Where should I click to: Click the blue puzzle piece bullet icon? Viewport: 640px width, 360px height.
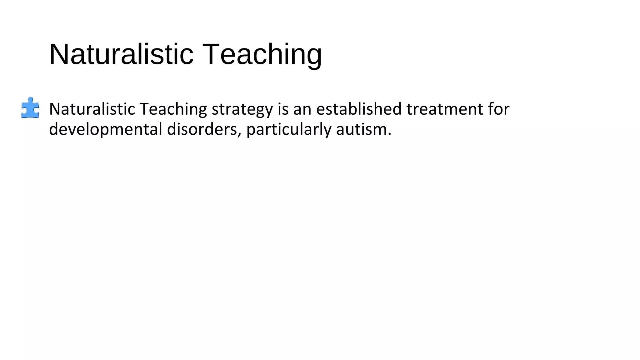click(30, 108)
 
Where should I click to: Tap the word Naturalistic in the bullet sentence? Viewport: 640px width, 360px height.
click(92, 109)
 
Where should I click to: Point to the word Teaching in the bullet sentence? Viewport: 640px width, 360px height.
click(173, 109)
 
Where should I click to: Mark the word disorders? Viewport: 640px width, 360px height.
click(202, 129)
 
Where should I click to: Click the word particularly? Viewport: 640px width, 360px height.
click(289, 130)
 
